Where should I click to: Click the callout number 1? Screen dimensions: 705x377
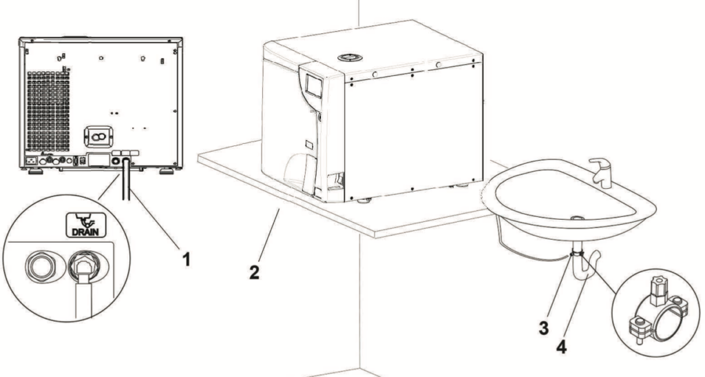[x=186, y=259]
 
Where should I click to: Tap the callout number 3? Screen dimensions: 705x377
[x=544, y=328]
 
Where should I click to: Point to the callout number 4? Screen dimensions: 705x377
[x=562, y=347]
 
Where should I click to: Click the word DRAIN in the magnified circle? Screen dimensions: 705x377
[x=86, y=232]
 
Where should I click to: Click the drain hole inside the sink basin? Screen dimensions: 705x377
[x=578, y=218]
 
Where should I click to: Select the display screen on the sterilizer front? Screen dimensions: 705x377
[x=313, y=85]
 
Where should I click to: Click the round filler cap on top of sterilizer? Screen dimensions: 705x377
[x=350, y=58]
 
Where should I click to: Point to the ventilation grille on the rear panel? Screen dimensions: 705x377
[x=48, y=111]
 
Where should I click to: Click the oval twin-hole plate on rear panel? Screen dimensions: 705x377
[x=98, y=136]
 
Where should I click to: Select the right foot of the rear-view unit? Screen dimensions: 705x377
[x=167, y=172]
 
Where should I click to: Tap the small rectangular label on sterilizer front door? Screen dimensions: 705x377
[x=310, y=145]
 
